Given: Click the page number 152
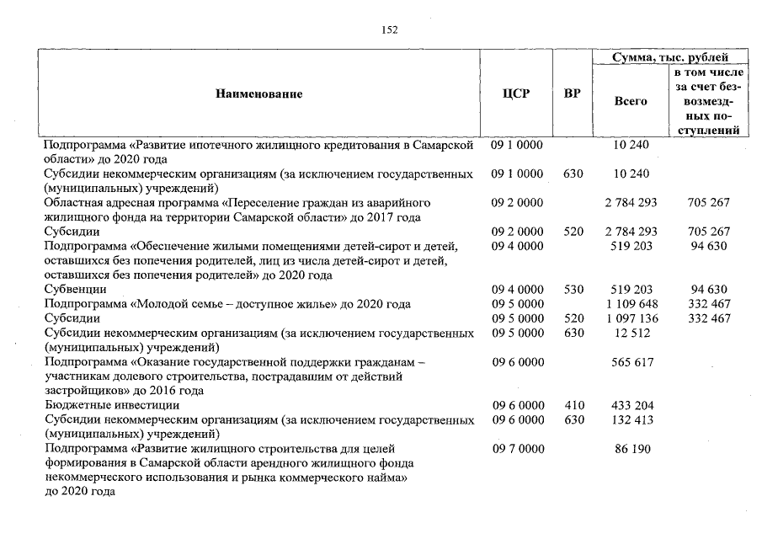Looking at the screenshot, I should pos(389,30).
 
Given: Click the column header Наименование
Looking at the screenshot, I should pos(258,94).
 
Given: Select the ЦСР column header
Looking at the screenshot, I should pos(515,94).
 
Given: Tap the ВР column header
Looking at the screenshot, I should pos(572,94).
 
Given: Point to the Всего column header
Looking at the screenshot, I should pos(631,101).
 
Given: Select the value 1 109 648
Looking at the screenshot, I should pos(631,304).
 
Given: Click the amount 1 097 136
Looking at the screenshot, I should pos(631,318).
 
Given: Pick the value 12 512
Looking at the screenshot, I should pos(631,333).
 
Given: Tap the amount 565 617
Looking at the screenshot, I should pos(631,362).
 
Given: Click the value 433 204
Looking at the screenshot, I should pos(631,405).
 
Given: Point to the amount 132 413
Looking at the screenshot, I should pos(631,419).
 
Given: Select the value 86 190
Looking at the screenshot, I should pos(631,449).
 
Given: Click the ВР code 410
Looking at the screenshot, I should pos(573,405).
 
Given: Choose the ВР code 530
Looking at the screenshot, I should pos(573,290).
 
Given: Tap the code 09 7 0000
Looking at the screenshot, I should pos(517,449).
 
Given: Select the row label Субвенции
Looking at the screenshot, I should pos(73,290).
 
